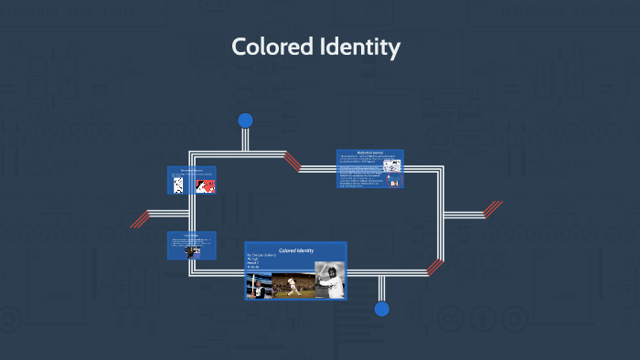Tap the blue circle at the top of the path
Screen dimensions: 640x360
click(x=245, y=121)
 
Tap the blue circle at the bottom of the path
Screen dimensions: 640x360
click(x=381, y=309)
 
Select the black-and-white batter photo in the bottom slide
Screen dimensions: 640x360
click(x=329, y=281)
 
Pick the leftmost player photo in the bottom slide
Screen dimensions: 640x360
click(x=257, y=286)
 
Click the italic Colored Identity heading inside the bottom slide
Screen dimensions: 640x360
click(x=295, y=249)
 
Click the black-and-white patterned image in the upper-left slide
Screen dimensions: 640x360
click(x=179, y=185)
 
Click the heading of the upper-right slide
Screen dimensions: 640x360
click(x=370, y=154)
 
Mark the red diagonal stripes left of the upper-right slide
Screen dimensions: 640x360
click(x=292, y=162)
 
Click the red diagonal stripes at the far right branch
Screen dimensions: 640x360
click(x=492, y=209)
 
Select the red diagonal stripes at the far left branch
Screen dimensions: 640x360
click(x=139, y=218)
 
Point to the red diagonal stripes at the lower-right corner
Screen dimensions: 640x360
click(x=435, y=267)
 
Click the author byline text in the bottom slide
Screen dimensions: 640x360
click(x=266, y=259)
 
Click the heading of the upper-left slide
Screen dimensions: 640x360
click(x=191, y=170)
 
